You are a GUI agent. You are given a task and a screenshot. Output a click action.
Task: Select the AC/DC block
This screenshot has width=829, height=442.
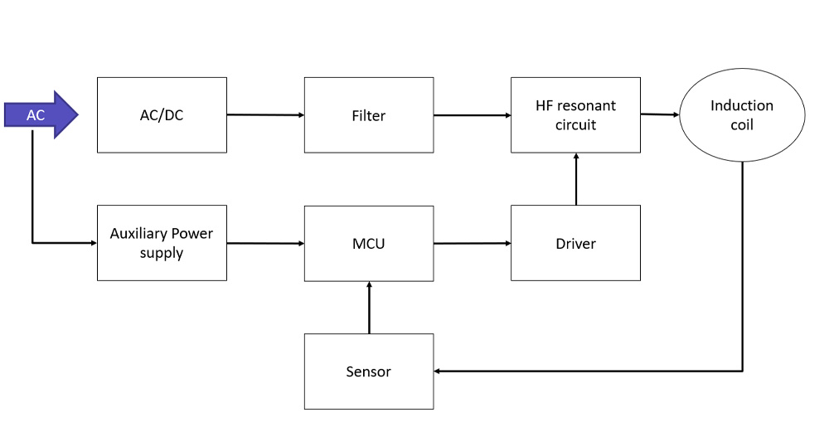click(162, 115)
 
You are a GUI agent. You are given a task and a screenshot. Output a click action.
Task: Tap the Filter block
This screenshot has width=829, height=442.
click(368, 115)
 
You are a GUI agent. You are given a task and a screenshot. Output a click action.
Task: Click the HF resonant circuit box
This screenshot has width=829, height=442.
click(575, 115)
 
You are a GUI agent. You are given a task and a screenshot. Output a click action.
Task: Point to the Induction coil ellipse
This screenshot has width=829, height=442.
click(741, 115)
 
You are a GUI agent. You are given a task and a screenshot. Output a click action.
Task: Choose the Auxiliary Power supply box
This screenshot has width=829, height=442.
click(162, 243)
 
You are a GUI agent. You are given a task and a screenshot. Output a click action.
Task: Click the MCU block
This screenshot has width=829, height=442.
click(368, 243)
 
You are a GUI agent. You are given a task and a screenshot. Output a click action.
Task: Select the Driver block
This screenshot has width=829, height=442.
click(575, 243)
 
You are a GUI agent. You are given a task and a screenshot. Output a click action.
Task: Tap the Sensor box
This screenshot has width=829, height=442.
click(368, 371)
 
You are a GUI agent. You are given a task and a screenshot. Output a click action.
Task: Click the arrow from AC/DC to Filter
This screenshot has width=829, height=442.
click(265, 115)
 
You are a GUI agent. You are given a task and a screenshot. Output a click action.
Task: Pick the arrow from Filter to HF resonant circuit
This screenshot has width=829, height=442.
click(472, 115)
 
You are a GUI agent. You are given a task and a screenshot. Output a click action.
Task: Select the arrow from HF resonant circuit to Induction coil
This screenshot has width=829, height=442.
click(660, 114)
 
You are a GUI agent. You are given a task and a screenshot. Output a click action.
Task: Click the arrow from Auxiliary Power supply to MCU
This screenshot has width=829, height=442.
click(265, 243)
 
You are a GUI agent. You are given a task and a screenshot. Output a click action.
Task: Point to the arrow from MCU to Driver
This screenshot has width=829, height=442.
click(472, 243)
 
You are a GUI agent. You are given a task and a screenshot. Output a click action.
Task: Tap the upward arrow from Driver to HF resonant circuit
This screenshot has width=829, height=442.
click(575, 179)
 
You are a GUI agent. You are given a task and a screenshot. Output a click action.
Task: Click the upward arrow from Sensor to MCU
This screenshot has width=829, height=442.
click(369, 307)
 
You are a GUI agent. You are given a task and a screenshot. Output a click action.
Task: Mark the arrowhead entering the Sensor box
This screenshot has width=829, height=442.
click(439, 371)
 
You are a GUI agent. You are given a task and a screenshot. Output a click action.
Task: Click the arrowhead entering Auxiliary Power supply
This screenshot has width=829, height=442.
click(93, 243)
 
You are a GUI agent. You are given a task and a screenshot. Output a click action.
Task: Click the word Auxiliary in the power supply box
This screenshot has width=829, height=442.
click(138, 234)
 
